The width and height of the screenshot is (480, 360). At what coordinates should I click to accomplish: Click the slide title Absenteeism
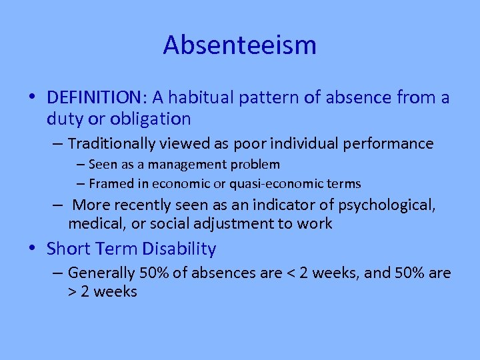(239, 45)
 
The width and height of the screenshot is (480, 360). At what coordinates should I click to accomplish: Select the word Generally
(101, 273)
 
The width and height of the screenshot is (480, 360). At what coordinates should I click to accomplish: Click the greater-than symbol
(72, 292)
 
